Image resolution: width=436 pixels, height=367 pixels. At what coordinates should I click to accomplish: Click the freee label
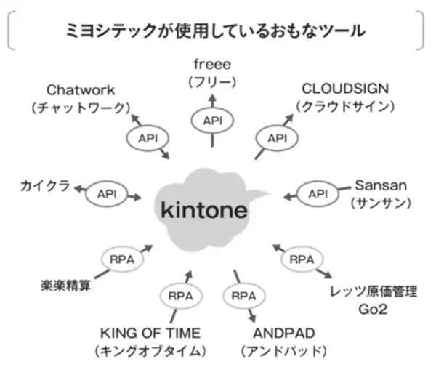coord(212,63)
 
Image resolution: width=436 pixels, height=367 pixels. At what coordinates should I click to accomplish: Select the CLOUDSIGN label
coord(345,89)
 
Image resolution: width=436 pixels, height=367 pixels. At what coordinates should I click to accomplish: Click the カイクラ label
coord(44,187)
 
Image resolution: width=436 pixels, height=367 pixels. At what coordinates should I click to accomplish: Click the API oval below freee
coord(212,120)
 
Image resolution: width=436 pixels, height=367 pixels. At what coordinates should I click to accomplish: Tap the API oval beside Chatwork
coord(148,137)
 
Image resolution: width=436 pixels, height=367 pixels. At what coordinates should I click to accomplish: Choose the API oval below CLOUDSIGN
coord(278,137)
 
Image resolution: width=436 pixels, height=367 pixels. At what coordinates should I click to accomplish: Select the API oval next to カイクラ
coord(106,194)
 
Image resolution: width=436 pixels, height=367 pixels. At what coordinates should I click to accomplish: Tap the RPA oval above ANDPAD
coord(243,296)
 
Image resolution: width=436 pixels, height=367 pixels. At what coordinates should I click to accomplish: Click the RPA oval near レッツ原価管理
coord(302,259)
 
